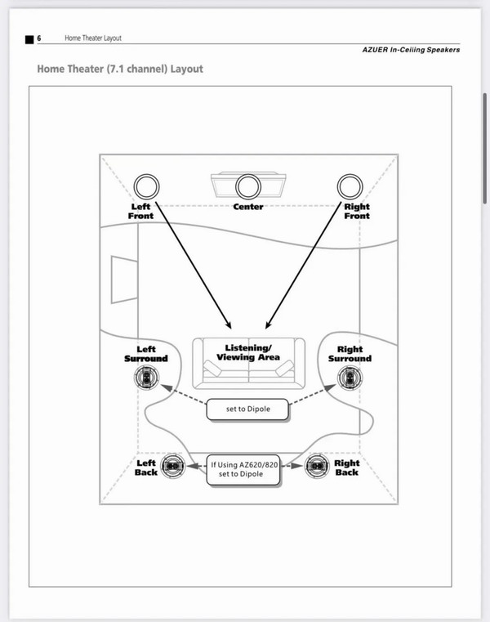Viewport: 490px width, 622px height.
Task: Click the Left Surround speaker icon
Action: click(x=145, y=378)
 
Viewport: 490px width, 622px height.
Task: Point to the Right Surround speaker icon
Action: click(x=350, y=378)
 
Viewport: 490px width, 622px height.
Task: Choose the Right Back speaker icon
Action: click(x=317, y=467)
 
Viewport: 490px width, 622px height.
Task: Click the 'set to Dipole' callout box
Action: click(x=247, y=409)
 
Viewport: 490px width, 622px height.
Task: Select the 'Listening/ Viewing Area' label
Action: click(x=248, y=352)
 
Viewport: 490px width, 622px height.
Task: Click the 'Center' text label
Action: click(x=248, y=207)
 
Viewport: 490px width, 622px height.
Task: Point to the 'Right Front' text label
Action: click(x=356, y=211)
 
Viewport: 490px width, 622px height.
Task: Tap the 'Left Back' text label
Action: click(x=146, y=468)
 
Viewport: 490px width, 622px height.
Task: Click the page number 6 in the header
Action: click(x=40, y=38)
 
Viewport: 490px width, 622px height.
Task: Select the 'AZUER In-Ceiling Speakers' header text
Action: click(x=411, y=50)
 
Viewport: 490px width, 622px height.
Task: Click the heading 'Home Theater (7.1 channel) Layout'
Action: click(x=120, y=69)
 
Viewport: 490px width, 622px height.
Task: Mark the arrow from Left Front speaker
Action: click(x=193, y=262)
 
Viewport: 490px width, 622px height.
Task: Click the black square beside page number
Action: click(x=29, y=38)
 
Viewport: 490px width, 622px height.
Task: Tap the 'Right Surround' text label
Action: click(x=350, y=354)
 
